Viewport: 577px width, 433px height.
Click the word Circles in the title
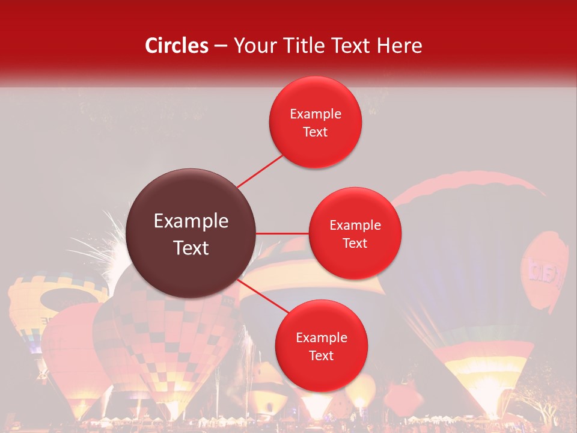(x=177, y=46)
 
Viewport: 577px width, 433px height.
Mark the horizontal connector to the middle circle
(x=282, y=233)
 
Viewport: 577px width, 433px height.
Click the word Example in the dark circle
(x=191, y=221)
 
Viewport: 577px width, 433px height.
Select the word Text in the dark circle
(x=191, y=248)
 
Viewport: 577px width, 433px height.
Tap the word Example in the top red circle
(x=316, y=114)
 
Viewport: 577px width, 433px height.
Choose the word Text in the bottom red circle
(x=321, y=355)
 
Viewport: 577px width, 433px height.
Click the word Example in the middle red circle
(x=355, y=226)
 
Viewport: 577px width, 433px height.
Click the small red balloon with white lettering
(x=545, y=271)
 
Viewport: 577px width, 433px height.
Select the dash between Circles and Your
(x=220, y=46)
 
